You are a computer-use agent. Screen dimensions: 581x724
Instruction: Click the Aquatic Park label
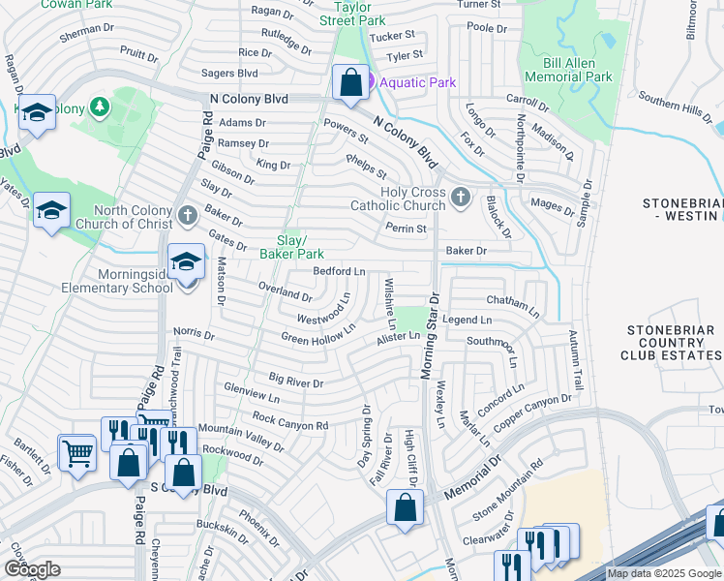pos(417,82)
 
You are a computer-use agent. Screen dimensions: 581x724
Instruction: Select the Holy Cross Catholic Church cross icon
pos(460,198)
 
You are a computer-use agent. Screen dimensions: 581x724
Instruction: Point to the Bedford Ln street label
pos(339,271)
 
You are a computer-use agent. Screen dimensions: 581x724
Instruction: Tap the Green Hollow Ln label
pos(318,335)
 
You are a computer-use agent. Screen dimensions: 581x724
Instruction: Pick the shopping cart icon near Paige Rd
pos(77,451)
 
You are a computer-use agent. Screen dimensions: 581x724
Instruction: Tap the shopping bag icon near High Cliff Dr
pos(406,507)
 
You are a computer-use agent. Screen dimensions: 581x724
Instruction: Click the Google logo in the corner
pos(32,569)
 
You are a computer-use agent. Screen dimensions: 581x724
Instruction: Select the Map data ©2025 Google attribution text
pos(663,574)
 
